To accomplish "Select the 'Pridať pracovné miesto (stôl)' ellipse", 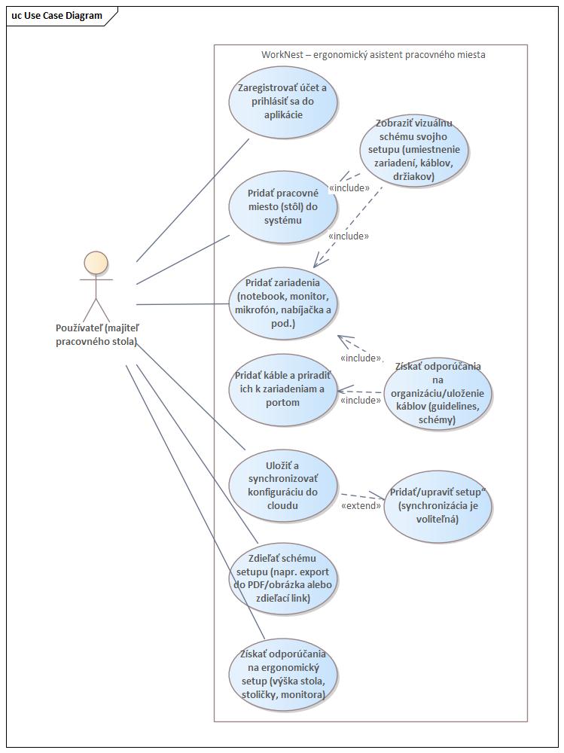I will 283,206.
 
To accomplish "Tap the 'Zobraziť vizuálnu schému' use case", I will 413,151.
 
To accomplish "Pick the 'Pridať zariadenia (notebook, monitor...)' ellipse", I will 283,303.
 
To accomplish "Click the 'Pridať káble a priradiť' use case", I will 283,389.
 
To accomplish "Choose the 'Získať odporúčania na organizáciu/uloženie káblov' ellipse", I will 437,393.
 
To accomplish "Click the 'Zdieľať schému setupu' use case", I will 283,578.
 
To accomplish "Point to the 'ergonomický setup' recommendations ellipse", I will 283,674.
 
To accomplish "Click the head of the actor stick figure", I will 96,263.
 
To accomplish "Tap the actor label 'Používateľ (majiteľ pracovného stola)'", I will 96,334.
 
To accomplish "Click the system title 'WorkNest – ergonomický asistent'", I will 373,55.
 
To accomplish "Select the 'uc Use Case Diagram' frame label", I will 57,15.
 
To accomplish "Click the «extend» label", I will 361,505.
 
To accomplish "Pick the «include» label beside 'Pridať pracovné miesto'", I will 349,187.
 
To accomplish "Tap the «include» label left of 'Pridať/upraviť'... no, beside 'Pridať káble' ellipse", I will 360,400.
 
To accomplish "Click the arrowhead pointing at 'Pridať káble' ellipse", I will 341,391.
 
